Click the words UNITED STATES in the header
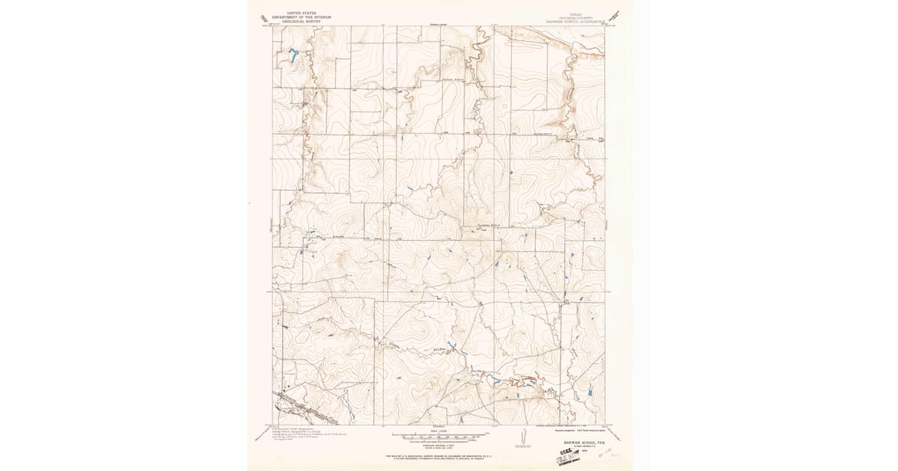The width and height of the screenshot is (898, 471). [x=294, y=13]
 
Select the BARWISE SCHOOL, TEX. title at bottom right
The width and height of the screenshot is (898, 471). [x=579, y=442]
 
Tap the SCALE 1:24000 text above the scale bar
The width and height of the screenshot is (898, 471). [x=440, y=430]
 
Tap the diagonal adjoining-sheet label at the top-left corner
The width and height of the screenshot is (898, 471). [x=261, y=18]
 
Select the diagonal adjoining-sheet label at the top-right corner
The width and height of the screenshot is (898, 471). [x=616, y=16]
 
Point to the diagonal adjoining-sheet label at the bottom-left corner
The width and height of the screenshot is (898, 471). [x=260, y=434]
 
